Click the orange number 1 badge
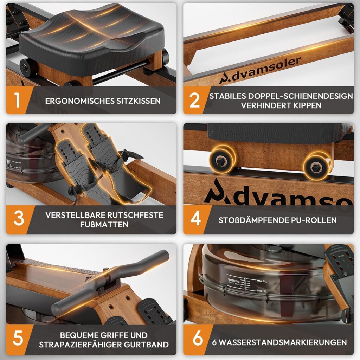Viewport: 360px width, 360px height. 17,100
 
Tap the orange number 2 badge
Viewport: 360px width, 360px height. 194,100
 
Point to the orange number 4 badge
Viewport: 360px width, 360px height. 195,219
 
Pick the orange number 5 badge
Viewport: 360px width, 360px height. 18,340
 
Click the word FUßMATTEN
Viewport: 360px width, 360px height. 104,224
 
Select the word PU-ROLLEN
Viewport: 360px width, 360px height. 314,220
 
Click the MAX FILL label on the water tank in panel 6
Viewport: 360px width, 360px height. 262,281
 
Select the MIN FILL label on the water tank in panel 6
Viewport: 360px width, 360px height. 262,291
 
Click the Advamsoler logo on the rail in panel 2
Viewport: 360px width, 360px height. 260,70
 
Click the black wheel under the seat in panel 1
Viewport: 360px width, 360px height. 26,67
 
